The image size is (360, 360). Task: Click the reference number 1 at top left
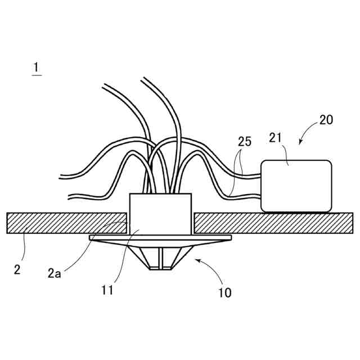(x=36, y=67)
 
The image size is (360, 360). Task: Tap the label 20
(x=326, y=120)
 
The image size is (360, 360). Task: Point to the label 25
(x=244, y=141)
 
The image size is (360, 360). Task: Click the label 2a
(x=55, y=274)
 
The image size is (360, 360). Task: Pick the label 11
(x=107, y=290)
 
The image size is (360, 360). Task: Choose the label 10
(x=225, y=292)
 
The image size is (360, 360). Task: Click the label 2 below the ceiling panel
(x=17, y=269)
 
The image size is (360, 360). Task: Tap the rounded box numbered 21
(x=296, y=186)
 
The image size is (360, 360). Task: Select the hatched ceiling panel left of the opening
(x=65, y=223)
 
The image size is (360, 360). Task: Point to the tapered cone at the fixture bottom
(x=161, y=258)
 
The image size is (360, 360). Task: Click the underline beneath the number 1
(x=37, y=75)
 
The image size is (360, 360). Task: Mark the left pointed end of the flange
(x=91, y=237)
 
